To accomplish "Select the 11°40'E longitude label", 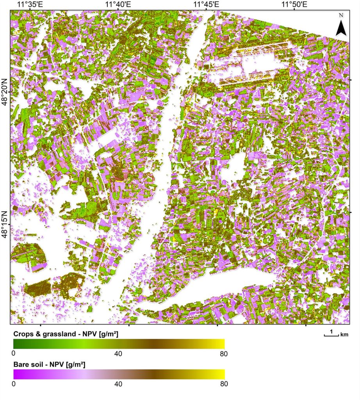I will click(x=118, y=4).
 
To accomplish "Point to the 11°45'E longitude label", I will click(x=206, y=4).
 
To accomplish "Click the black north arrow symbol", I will click(x=341, y=29).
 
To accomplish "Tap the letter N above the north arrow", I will click(x=341, y=15).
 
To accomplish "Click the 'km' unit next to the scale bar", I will click(x=344, y=334).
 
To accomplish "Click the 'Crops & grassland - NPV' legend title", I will click(x=66, y=334).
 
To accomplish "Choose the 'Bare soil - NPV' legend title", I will click(x=50, y=364).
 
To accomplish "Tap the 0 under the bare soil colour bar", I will click(x=14, y=384).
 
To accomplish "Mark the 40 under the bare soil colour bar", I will click(x=119, y=384).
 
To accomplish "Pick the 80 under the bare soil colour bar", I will click(x=224, y=384).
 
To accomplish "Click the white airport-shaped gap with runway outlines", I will click(x=258, y=64).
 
